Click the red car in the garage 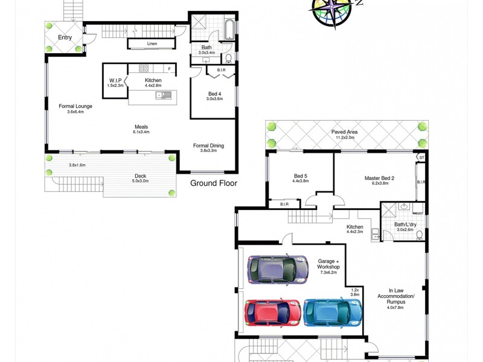272,313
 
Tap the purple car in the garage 277,269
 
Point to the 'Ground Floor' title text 214,183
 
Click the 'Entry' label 65,37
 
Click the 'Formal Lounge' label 75,106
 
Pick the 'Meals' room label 141,127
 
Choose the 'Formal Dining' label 208,145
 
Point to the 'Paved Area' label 345,132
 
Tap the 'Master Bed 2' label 379,178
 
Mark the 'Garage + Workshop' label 328,263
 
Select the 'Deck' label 139,177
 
